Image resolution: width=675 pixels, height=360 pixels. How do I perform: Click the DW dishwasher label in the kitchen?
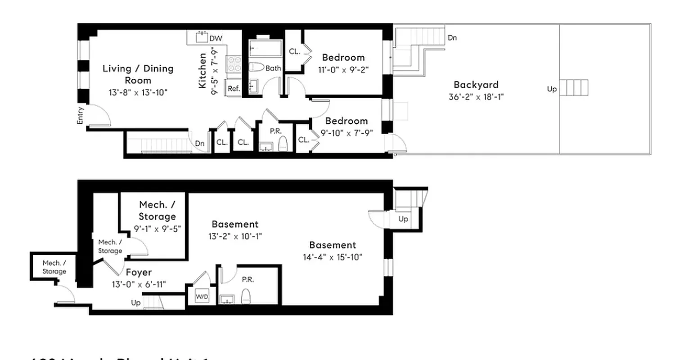(216, 38)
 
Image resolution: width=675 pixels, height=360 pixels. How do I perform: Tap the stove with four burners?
(233, 63)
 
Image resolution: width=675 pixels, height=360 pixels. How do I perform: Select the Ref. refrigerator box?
(234, 89)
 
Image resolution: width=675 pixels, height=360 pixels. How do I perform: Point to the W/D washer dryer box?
(202, 297)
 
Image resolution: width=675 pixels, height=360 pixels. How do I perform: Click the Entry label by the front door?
(81, 115)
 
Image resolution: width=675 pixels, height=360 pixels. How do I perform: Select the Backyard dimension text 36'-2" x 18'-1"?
(476, 97)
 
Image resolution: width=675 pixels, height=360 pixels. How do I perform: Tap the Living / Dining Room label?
(138, 74)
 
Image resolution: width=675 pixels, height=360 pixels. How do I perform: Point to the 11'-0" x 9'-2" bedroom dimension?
(343, 70)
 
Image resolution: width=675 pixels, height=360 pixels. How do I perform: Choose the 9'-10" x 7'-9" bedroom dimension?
(346, 133)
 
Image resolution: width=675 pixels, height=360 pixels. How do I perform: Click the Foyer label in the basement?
(138, 272)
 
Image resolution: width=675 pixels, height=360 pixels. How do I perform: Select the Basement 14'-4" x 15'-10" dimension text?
(333, 257)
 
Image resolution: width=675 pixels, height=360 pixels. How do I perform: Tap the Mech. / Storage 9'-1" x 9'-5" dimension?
(157, 229)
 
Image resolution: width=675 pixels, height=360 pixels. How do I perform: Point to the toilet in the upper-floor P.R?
(283, 143)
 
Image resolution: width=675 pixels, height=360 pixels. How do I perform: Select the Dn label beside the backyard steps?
(452, 38)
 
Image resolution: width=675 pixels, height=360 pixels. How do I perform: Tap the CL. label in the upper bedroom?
(294, 52)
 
